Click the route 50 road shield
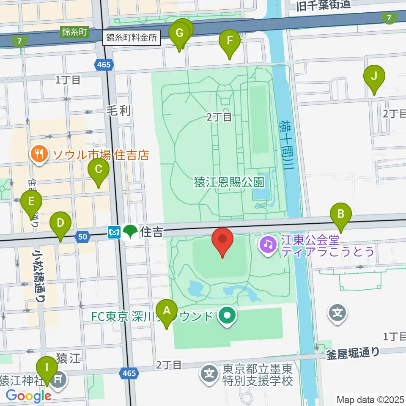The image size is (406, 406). (x=83, y=237)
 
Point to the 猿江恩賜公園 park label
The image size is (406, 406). (x=229, y=182)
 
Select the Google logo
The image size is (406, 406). (x=28, y=396)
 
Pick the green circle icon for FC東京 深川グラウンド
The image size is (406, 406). (x=228, y=315)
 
